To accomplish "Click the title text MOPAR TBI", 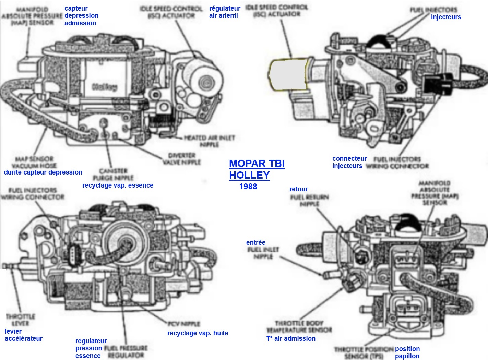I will click(x=257, y=164).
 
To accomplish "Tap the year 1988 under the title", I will click(x=248, y=187).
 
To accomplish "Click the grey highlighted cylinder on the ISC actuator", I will click(x=287, y=74).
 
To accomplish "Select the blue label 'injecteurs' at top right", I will click(x=446, y=17).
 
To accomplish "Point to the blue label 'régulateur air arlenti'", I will click(x=225, y=12).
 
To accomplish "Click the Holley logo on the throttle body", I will click(x=105, y=86).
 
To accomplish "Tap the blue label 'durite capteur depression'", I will click(x=43, y=172).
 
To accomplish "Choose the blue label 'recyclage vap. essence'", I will click(x=118, y=185).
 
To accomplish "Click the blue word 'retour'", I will click(x=298, y=189).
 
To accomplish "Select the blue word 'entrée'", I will click(x=255, y=243).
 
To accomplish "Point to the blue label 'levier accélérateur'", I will click(x=23, y=335).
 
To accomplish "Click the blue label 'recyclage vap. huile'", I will click(x=198, y=333).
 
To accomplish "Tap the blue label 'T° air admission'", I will click(x=291, y=339).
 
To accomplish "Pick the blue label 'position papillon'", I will click(x=407, y=352).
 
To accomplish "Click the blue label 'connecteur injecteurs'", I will click(x=349, y=162).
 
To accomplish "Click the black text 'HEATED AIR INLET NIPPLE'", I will click(x=209, y=141).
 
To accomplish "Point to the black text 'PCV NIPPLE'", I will click(x=183, y=324).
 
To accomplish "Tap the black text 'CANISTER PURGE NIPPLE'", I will click(x=113, y=174).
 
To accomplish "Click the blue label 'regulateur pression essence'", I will click(x=91, y=348).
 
